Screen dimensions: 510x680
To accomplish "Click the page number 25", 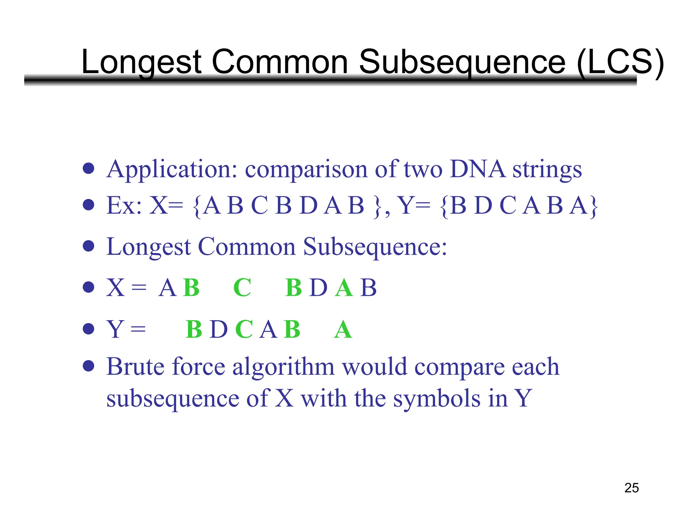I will (632, 488).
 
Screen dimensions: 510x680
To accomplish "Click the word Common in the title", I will (280, 62).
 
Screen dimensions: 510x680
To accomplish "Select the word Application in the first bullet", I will (171, 170).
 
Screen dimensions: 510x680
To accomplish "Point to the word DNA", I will (477, 169).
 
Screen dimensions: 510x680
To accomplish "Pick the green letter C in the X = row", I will (242, 288).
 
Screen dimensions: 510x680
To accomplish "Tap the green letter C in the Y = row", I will (244, 329).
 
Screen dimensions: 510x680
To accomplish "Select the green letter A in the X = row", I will (344, 288).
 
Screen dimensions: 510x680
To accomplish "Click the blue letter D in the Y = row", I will (219, 329).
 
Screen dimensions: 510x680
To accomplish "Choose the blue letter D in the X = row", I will (318, 288).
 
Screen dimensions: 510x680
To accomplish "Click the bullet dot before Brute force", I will (89, 366).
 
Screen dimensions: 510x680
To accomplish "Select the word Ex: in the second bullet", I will (124, 206).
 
